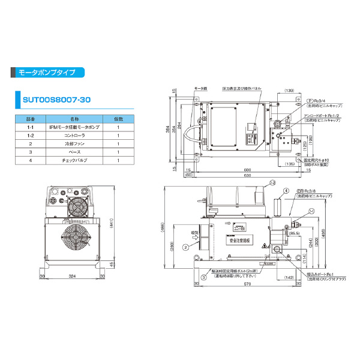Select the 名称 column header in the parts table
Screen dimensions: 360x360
pyautogui.click(x=76, y=119)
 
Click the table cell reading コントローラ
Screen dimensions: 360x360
pyautogui.click(x=76, y=136)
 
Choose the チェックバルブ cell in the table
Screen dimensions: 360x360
pyautogui.click(x=76, y=161)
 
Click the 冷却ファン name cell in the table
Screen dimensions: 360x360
pyautogui.click(x=76, y=145)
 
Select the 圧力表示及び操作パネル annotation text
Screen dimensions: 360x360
pyautogui.click(x=245, y=88)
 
